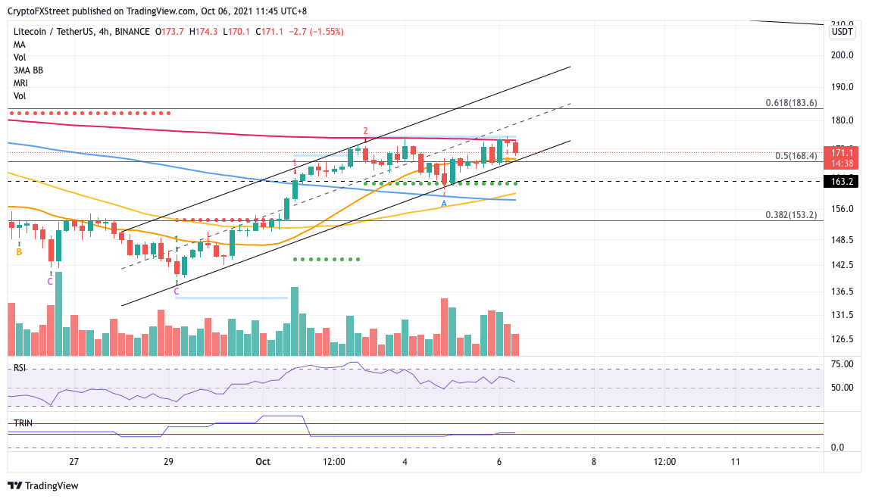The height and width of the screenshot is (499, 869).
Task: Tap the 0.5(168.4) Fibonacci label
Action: pos(796,156)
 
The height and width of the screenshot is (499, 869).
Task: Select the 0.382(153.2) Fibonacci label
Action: pos(789,215)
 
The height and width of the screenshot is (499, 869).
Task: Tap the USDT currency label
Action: pos(842,32)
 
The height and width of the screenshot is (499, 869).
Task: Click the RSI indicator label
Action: pos(20,368)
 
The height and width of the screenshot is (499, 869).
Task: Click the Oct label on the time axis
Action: pos(263,461)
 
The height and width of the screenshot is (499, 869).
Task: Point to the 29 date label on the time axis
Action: pos(168,461)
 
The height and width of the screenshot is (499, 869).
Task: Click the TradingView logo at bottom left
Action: pos(43,485)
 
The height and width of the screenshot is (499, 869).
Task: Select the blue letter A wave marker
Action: pos(444,204)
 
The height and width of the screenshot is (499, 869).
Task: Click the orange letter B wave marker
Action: pos(19,251)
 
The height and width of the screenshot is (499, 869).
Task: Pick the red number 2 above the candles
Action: pos(365,130)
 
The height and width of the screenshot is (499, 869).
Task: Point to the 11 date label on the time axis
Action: pos(736,461)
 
